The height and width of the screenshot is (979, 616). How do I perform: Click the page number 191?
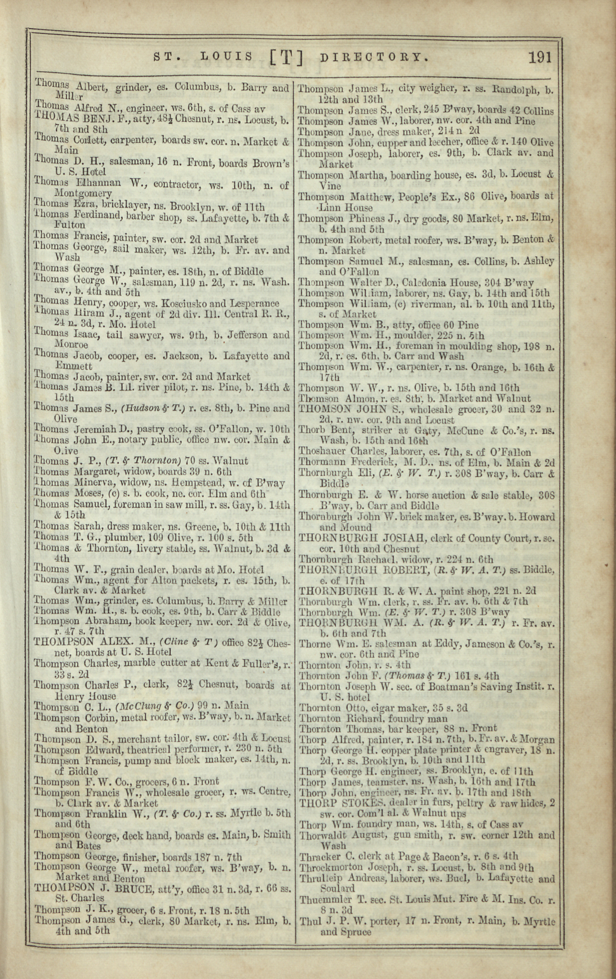(540, 57)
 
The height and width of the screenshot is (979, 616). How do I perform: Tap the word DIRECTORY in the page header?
(374, 57)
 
